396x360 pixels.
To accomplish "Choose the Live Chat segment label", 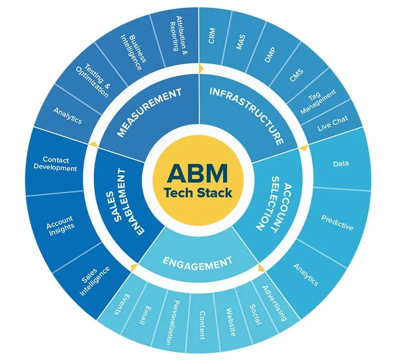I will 331,125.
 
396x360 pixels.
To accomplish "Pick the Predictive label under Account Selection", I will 337,222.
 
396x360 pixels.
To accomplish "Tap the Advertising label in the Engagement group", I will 274,302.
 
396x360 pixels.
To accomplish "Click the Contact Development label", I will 60,164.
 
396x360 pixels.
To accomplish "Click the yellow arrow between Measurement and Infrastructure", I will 201,68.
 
